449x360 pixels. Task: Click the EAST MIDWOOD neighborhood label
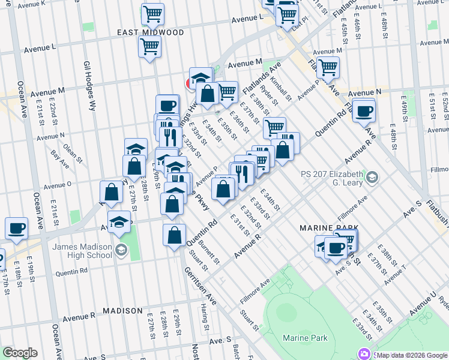tap(143, 32)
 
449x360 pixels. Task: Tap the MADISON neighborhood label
tap(122, 311)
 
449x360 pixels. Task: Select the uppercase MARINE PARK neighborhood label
tap(325, 229)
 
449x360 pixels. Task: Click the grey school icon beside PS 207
tap(373, 176)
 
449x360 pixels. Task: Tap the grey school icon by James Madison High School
tap(121, 250)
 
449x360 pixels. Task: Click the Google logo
tap(20, 353)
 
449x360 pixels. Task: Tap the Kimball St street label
tap(280, 88)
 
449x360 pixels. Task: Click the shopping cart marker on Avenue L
tap(149, 47)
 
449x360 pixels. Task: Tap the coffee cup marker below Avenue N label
tap(364, 111)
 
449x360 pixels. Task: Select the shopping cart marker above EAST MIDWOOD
tap(152, 13)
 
